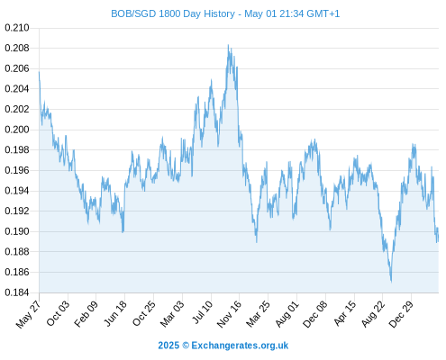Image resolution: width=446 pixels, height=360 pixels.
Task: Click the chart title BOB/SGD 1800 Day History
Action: [173, 13]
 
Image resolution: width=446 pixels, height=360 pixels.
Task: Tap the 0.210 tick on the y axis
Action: [17, 28]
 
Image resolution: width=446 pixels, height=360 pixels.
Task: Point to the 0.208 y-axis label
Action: [17, 48]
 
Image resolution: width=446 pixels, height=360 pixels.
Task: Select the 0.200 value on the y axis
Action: [17, 130]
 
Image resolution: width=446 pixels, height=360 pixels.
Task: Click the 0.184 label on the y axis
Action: [17, 292]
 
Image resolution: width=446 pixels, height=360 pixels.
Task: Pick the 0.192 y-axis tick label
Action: [17, 211]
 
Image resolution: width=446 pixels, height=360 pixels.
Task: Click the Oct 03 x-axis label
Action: [58, 313]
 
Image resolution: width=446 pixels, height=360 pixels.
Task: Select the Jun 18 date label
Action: [115, 313]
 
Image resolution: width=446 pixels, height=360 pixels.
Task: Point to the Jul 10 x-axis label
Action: [203, 312]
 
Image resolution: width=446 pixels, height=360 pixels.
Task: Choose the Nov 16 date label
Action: [229, 314]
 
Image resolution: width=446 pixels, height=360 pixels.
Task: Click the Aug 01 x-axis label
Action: [287, 314]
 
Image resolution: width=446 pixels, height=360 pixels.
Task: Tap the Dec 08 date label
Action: [315, 314]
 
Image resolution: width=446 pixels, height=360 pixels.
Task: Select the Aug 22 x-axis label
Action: [373, 314]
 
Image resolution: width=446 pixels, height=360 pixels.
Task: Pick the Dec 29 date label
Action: [401, 314]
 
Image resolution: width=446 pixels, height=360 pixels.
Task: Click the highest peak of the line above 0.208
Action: [228, 45]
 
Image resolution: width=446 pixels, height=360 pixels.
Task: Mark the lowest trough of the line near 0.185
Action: [391, 282]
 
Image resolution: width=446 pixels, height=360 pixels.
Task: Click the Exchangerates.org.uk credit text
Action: [240, 346]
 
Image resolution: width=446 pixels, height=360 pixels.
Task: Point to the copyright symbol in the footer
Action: [186, 346]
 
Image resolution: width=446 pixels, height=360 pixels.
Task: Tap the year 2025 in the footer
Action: [168, 346]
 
